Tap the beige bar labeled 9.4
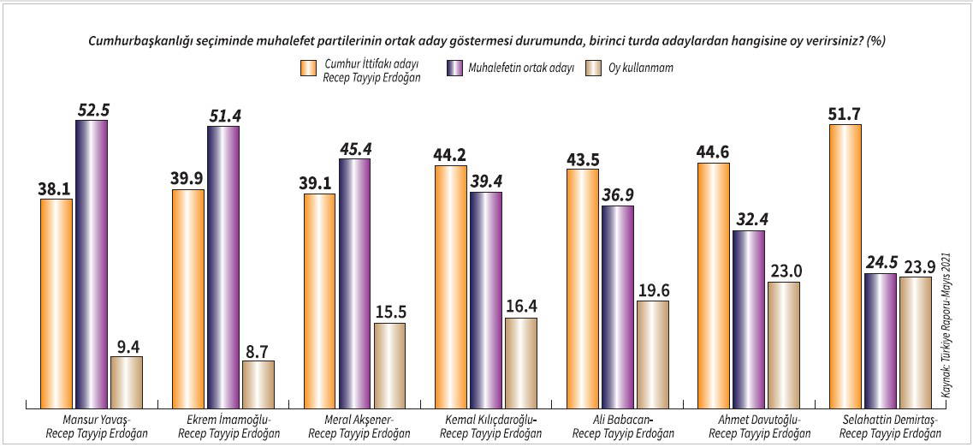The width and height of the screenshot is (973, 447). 127,381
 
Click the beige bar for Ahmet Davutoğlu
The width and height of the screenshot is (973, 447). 783,343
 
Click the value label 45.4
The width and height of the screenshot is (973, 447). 354,148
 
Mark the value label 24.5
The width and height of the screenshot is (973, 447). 880,262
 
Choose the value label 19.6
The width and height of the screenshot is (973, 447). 652,289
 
